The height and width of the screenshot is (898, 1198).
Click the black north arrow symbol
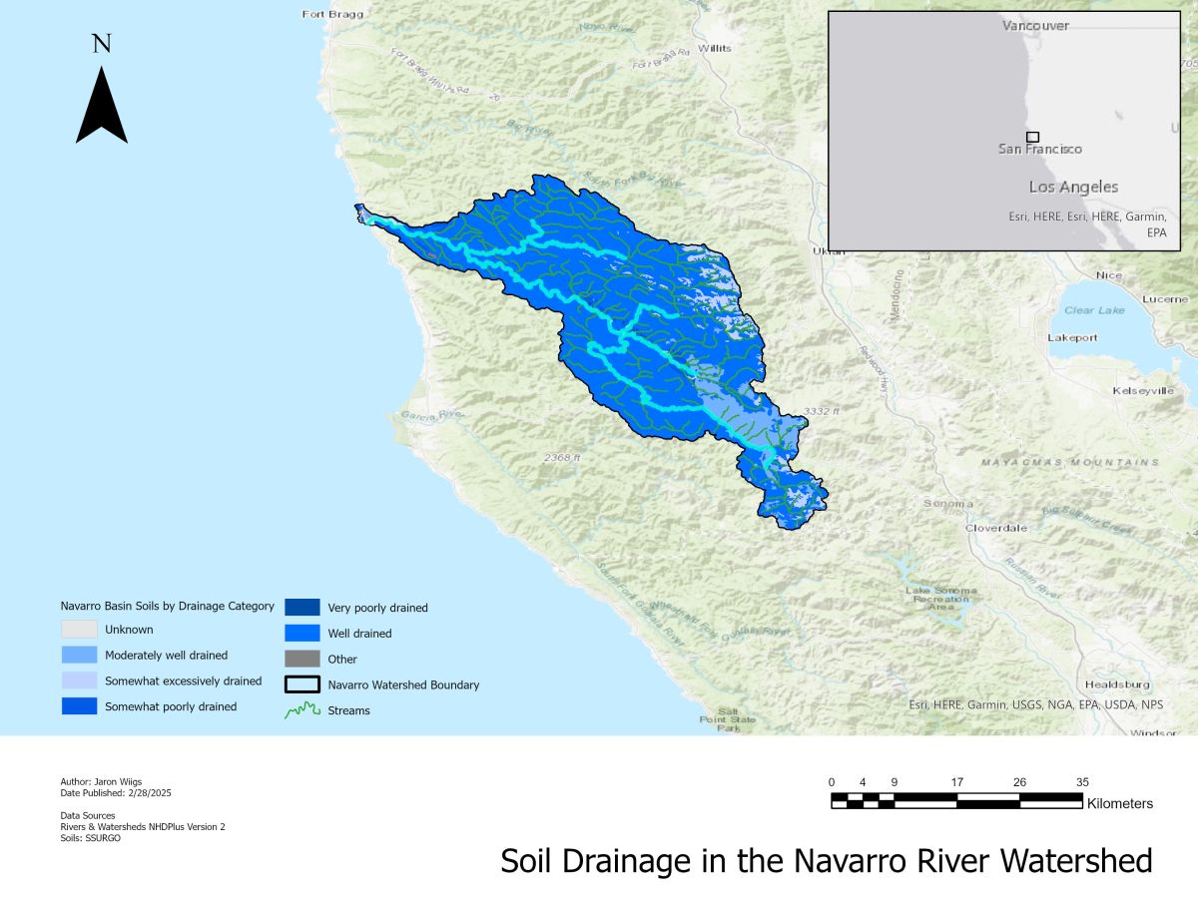coord(101,106)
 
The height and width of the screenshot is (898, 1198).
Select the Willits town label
coord(714,48)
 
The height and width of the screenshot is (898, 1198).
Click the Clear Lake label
coord(1093,310)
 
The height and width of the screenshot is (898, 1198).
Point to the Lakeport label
coord(1072,338)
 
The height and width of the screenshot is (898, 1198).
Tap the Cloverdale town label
coord(996,528)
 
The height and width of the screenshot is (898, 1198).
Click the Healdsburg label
coord(1117,684)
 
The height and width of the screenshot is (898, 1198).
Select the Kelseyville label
coord(1143,390)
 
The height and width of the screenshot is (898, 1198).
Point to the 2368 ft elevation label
coord(562,458)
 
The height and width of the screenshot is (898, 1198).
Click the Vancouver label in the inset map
coord(1035,26)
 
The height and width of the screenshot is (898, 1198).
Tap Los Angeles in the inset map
coord(1073,188)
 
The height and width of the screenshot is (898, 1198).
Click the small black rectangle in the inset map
coord(1032,137)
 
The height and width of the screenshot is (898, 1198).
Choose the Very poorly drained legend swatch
coord(301,607)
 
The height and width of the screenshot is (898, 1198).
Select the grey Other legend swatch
coord(301,659)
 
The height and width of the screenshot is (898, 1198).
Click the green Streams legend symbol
coord(301,710)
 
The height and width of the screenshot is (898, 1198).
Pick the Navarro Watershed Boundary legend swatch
coord(301,684)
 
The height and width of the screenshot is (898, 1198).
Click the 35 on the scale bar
coord(1082,782)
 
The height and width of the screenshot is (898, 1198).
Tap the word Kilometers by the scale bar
coord(1119,803)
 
